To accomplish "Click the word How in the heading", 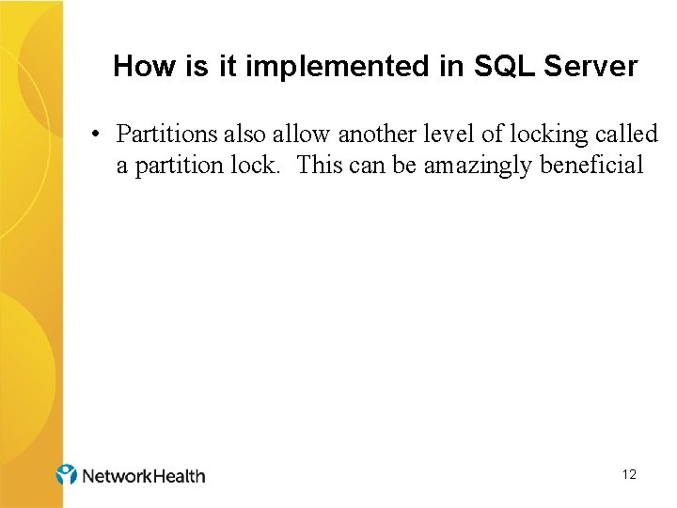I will [137, 67].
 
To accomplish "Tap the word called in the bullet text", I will [627, 135].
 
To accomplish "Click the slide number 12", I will [629, 475].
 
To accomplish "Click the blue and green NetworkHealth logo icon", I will [67, 474].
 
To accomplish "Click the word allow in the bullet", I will [297, 135].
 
